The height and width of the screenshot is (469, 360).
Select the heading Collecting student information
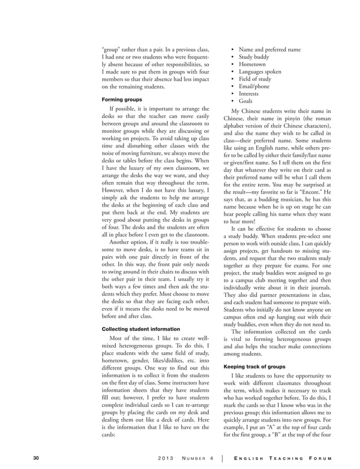coord(141,328)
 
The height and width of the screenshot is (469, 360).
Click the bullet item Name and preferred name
coord(270,50)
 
